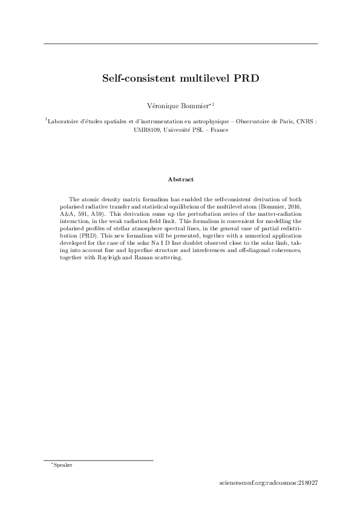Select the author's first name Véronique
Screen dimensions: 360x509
click(x=163, y=106)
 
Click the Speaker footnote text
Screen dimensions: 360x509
click(x=63, y=465)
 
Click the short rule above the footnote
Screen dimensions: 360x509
click(x=98, y=460)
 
